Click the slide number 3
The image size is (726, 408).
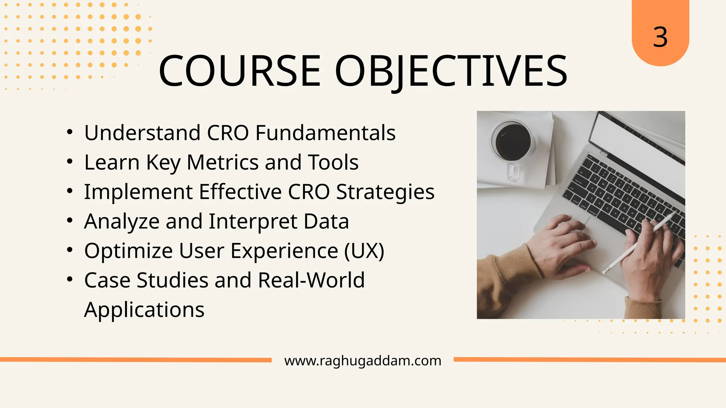tap(660, 37)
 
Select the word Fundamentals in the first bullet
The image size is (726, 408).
tap(325, 133)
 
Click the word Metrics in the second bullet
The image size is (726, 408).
tap(222, 162)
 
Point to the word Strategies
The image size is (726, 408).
tap(385, 192)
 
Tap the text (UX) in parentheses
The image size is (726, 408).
tap(364, 251)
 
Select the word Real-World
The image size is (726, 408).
tap(311, 280)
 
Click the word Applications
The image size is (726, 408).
tap(144, 310)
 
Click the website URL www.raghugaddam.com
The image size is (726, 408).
tap(363, 361)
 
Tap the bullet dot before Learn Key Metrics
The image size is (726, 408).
tap(70, 161)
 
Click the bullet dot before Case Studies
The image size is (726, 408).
tap(70, 279)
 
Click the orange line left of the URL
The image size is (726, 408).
tap(135, 360)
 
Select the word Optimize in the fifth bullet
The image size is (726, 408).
tap(128, 251)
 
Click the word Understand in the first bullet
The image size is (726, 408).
tap(142, 133)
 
